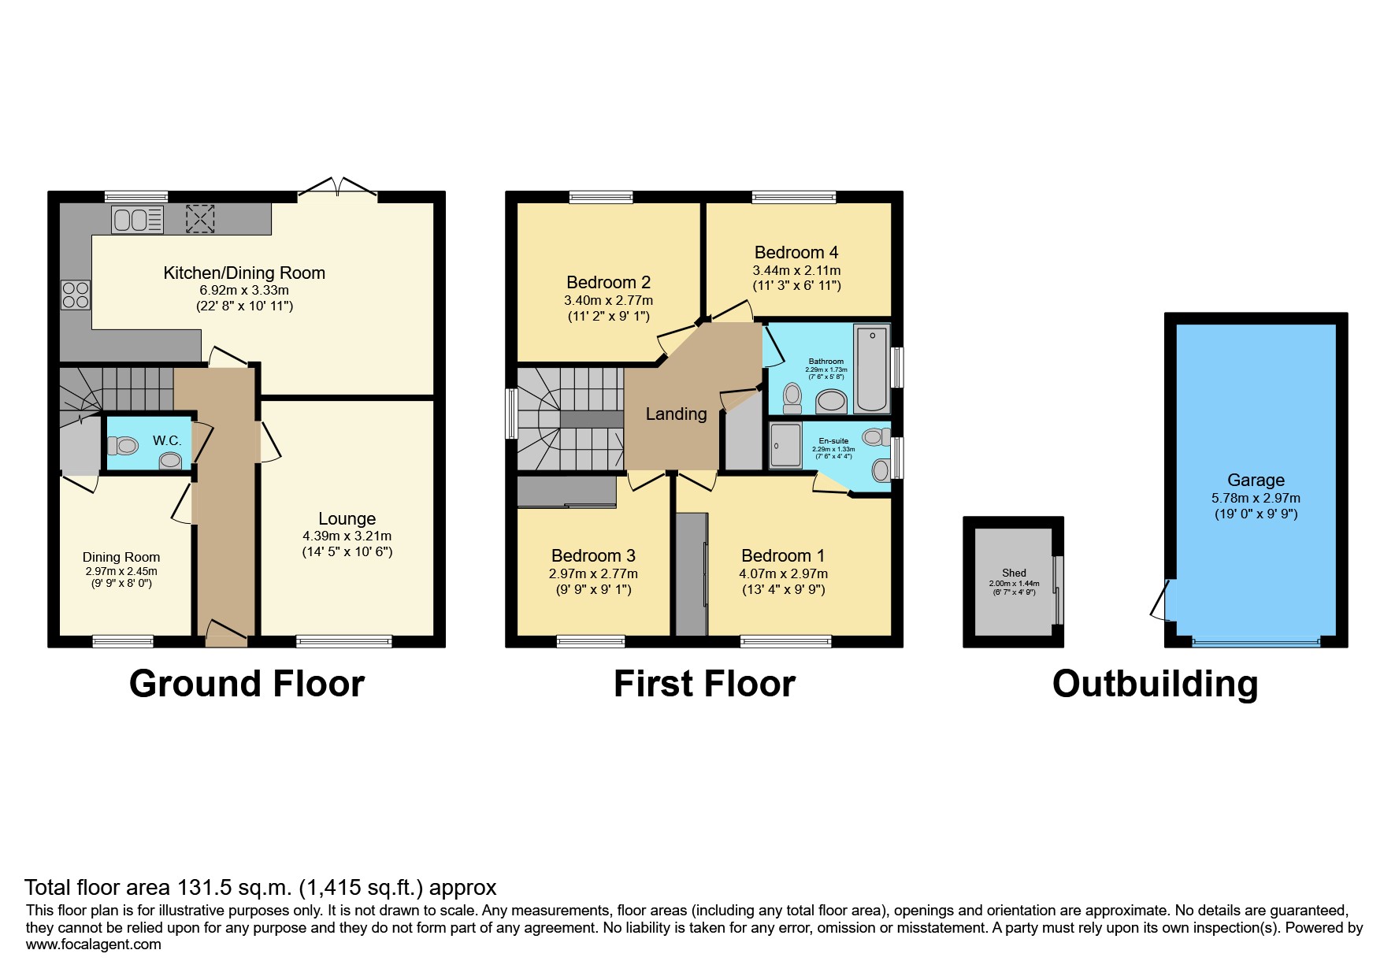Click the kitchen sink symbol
137,219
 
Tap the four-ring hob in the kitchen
76,295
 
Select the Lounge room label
347,518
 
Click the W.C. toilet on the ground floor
123,446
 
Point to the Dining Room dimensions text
121,577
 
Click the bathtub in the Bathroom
871,369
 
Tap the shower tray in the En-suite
785,446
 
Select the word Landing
676,414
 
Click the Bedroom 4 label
796,252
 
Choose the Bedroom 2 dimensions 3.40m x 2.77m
608,300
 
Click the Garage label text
1256,480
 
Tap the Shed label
1014,573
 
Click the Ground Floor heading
247,683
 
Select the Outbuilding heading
1155,683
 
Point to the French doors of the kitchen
338,187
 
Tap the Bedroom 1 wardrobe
692,573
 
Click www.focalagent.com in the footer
93,944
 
